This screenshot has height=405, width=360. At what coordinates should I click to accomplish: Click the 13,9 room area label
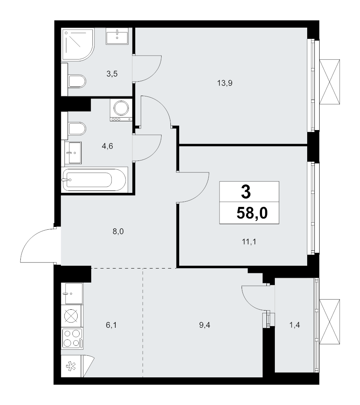coord(225,83)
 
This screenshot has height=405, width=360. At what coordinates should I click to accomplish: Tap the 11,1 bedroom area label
coord(249,242)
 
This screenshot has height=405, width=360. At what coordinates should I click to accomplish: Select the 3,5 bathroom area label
coord(112,74)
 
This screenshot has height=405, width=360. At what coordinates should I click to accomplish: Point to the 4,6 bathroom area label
coord(108,146)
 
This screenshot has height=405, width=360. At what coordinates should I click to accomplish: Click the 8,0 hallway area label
coord(118,231)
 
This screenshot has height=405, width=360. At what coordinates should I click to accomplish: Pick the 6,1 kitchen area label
coord(111,325)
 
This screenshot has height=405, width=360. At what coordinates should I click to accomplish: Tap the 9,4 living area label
coord(205,325)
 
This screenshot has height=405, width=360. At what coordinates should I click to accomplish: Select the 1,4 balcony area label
coord(295,325)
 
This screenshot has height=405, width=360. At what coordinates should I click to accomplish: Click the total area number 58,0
coord(252,213)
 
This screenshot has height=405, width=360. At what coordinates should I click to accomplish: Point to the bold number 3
coord(246,192)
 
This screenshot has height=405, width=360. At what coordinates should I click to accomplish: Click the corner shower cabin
coord(78,44)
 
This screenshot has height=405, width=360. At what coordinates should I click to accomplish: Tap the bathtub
coord(94,180)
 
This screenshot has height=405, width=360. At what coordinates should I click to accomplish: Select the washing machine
coord(121,110)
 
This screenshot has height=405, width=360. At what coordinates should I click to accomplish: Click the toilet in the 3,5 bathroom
coord(77,81)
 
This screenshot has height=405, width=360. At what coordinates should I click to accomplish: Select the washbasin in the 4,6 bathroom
coord(73,152)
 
